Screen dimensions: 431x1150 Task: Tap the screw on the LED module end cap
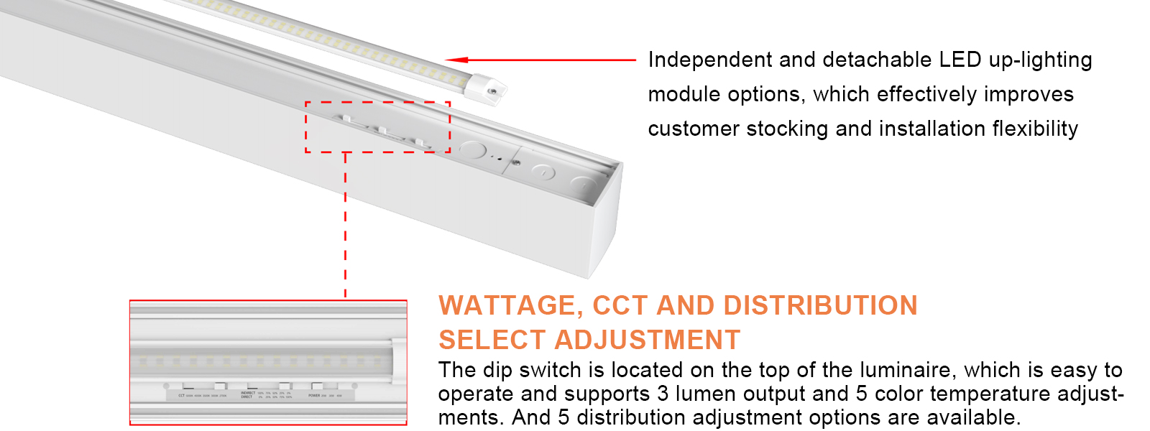click(x=492, y=91)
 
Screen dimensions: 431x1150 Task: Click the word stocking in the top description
click(x=788, y=129)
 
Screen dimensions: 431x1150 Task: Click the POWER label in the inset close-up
click(x=314, y=395)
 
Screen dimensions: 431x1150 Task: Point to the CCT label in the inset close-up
click(x=181, y=395)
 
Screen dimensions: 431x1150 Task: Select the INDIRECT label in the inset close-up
click(x=248, y=393)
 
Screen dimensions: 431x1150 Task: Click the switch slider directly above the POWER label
click(x=317, y=386)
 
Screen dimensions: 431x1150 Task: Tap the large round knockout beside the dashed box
click(x=472, y=150)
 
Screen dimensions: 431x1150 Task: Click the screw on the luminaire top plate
click(x=516, y=163)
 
